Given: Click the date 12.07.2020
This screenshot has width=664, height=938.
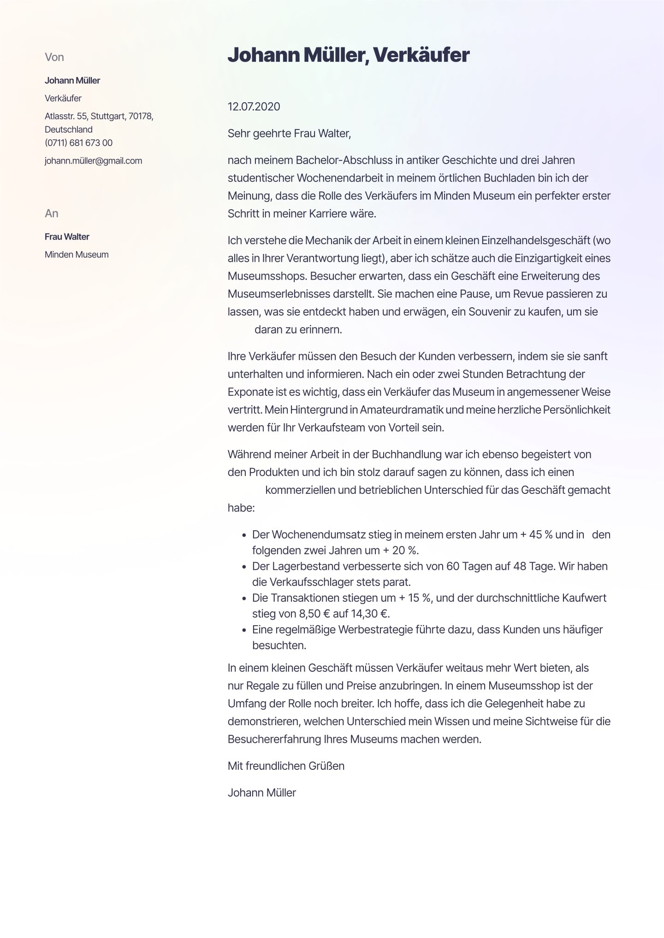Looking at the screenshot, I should point(254,106).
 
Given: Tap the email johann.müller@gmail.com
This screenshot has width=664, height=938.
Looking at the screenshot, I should point(93,161).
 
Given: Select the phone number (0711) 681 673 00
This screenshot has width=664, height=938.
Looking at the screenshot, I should point(78,143).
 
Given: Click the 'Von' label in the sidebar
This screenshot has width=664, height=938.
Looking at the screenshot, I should point(54,57).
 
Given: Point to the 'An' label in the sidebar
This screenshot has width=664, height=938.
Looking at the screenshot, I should point(51,213).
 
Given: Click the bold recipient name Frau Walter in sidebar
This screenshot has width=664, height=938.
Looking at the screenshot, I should point(67,237).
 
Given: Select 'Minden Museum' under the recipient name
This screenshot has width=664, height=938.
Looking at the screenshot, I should point(77,255).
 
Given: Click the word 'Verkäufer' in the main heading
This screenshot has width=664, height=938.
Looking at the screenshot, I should point(421,55).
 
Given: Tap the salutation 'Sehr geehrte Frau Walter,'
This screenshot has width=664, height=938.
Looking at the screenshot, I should point(289,134).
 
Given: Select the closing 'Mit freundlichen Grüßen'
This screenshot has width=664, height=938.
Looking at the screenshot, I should point(286,766).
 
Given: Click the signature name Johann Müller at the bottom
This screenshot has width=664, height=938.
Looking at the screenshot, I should point(261,793).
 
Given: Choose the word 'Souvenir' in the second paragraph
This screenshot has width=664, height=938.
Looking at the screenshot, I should point(489,312).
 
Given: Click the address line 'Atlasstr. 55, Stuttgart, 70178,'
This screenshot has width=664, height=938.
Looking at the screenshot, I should point(99,116).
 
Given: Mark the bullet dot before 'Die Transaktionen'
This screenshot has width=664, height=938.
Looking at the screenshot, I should point(244,598).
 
